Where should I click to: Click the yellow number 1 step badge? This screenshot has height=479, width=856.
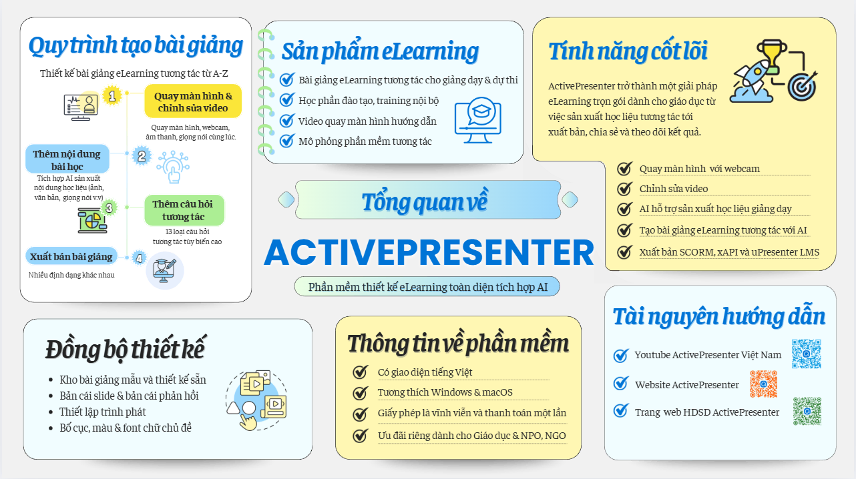112,96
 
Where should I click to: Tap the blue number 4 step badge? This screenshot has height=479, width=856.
139,258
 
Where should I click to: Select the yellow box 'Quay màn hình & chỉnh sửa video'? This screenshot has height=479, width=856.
193,101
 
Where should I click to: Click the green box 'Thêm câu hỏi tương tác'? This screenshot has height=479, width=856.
184,210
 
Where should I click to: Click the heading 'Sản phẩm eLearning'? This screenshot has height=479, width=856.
379,51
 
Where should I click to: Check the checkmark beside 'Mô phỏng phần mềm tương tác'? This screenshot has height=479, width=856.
287,141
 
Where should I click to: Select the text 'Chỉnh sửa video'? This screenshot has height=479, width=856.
673,189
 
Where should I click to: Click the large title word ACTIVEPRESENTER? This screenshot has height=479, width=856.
429,252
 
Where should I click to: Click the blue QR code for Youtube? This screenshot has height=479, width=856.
805,354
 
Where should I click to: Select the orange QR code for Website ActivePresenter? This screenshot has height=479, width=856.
763,384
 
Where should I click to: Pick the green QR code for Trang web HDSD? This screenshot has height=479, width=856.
807,411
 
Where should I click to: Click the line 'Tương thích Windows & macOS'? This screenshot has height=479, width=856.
445,392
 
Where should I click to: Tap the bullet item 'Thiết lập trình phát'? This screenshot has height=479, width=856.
103,412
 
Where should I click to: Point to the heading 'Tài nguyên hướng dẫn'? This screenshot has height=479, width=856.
719,317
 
